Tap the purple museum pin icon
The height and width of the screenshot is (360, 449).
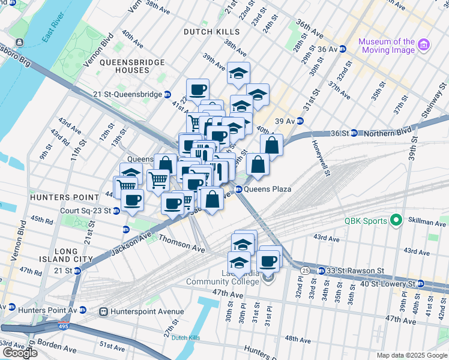(x=424, y=45)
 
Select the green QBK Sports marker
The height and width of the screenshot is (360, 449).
(x=396, y=220)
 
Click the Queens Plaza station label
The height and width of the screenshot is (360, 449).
(x=267, y=189)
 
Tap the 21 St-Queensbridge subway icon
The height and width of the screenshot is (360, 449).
(x=168, y=94)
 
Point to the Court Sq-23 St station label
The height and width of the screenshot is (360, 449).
(x=86, y=211)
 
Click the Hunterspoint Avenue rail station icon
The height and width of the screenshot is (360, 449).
(x=103, y=311)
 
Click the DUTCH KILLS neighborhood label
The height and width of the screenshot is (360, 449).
(x=211, y=32)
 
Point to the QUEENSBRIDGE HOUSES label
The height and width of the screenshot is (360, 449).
(x=124, y=66)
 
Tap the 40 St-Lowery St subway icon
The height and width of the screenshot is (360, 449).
(x=421, y=283)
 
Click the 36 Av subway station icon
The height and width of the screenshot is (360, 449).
(x=342, y=49)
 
